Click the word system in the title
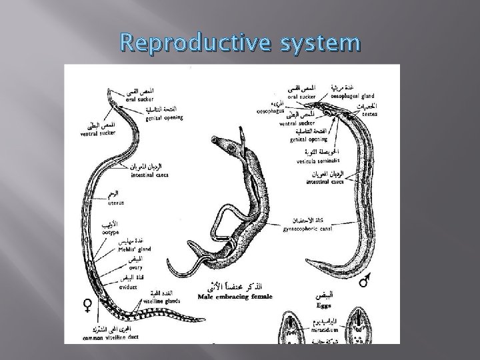click(x=315, y=44)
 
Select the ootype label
click(x=111, y=233)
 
